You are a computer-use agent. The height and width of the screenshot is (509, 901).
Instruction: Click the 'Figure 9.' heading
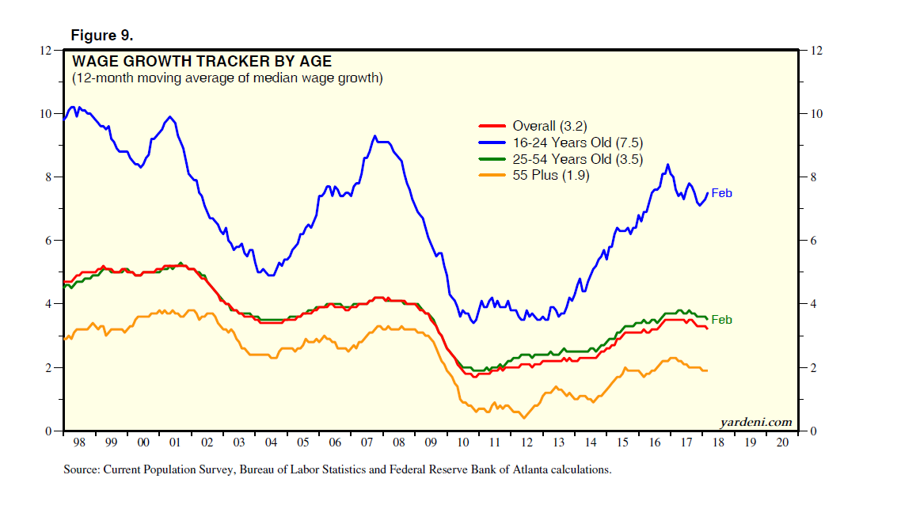(x=102, y=36)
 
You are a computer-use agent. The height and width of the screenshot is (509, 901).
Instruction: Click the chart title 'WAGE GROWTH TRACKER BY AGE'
(x=202, y=62)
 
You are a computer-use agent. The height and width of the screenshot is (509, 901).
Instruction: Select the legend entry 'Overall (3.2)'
(x=549, y=126)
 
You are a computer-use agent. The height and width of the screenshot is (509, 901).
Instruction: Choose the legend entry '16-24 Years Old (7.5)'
(x=577, y=142)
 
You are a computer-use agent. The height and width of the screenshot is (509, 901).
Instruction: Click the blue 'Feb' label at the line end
(x=721, y=192)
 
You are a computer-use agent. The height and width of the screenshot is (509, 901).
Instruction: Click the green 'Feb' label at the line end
(x=721, y=320)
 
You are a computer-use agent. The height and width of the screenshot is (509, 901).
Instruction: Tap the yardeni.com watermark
(x=756, y=422)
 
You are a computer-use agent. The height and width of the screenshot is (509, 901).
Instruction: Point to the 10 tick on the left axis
(x=46, y=114)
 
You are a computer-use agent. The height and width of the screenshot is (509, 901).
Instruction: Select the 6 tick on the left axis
(x=49, y=241)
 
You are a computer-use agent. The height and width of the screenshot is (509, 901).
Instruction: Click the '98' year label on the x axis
(x=78, y=443)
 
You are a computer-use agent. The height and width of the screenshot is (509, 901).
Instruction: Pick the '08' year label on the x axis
(x=399, y=443)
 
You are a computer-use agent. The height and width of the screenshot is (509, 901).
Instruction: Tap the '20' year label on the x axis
(x=783, y=443)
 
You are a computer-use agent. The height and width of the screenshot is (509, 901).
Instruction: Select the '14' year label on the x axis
(x=591, y=443)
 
